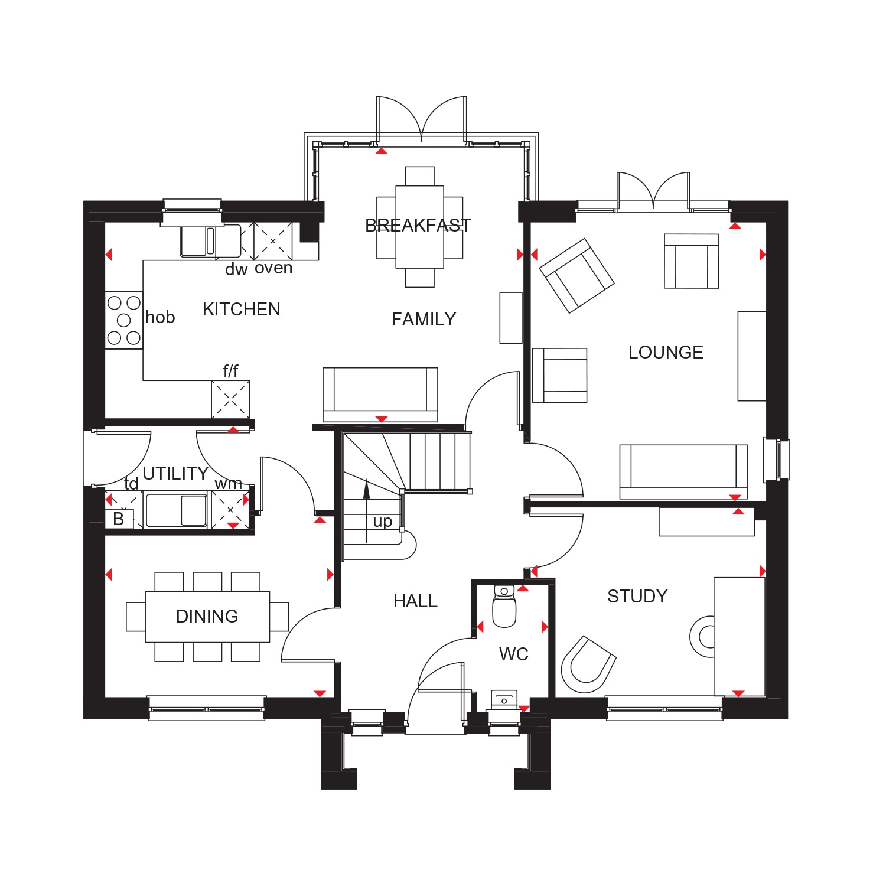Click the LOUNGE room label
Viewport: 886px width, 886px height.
click(x=666, y=353)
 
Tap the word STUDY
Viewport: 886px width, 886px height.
click(x=637, y=597)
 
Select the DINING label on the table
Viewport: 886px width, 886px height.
click(x=207, y=617)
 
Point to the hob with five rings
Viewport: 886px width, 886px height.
click(x=124, y=320)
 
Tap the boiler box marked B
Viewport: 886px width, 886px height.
click(x=119, y=519)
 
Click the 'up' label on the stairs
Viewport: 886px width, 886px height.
click(x=382, y=522)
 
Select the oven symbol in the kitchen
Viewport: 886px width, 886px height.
click(x=273, y=241)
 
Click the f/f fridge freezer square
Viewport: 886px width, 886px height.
click(x=231, y=399)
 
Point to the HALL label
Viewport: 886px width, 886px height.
click(x=415, y=601)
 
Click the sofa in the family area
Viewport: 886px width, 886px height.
click(x=380, y=392)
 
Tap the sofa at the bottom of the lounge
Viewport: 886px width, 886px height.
click(x=683, y=470)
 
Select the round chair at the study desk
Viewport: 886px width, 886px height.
click(x=703, y=637)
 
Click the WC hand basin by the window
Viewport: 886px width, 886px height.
click(x=504, y=699)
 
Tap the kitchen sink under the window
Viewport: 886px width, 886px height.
click(x=197, y=241)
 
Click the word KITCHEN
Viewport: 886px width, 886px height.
click(x=241, y=310)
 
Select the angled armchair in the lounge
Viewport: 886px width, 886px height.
click(x=576, y=275)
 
